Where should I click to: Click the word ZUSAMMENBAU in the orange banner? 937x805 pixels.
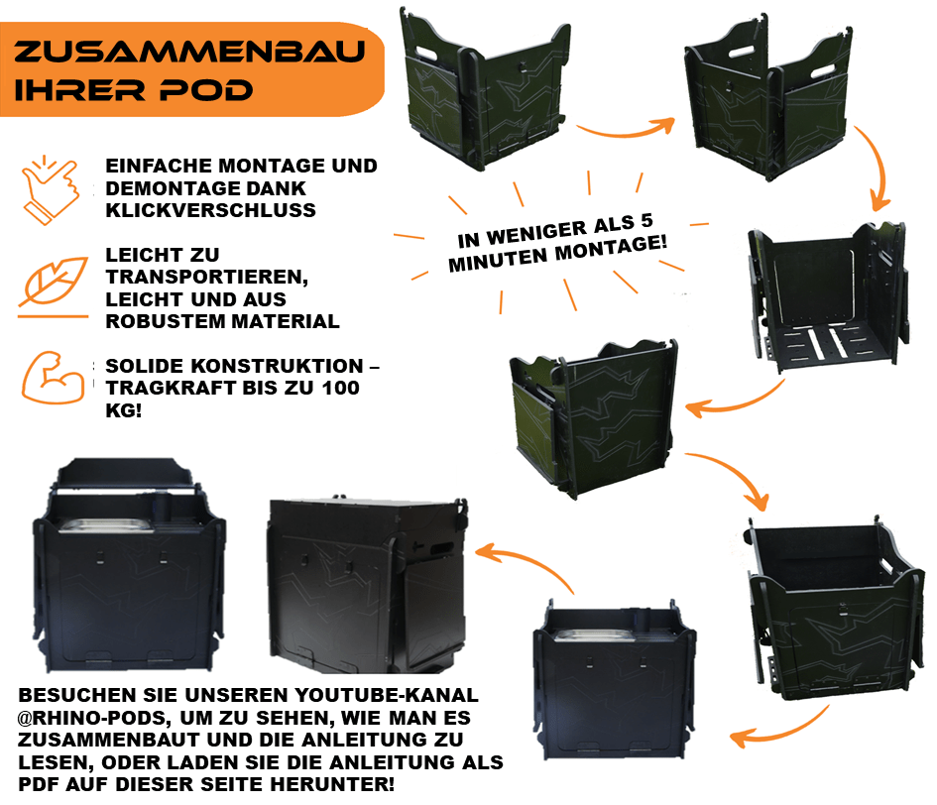click(189, 52)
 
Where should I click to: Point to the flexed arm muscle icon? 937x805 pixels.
click(53, 378)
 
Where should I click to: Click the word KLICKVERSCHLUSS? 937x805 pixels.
click(210, 210)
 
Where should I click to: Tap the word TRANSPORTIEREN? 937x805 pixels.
click(207, 278)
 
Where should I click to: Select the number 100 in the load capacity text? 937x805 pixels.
click(341, 388)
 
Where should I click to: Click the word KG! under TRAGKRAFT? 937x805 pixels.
click(124, 410)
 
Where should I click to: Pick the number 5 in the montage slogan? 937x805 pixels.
click(646, 220)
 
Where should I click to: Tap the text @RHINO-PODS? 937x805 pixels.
click(94, 717)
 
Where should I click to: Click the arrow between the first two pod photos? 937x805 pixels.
click(626, 127)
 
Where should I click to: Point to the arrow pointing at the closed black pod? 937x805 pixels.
click(526, 566)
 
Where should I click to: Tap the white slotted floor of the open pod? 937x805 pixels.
click(825, 342)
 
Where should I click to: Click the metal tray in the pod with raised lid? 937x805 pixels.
click(105, 525)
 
